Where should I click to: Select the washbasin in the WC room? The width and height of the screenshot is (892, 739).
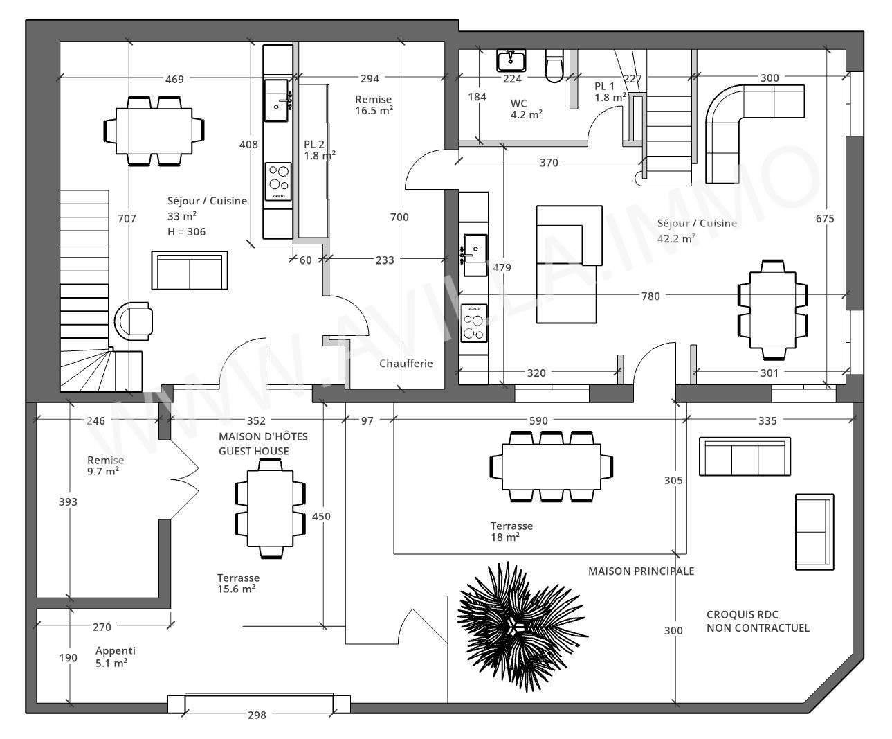511,60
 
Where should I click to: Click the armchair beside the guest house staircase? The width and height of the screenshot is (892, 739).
134,321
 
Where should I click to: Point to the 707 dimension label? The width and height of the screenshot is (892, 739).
127,219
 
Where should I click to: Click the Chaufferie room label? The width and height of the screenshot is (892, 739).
406,363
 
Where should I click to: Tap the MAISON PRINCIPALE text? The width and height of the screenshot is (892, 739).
641,571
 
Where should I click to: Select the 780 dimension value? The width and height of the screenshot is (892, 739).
650,296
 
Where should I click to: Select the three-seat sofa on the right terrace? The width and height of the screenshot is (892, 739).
745,456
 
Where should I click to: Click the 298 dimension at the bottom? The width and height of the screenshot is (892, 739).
257,715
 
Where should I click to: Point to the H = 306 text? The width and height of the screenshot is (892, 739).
186,232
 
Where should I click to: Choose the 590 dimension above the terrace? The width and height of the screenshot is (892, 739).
538,420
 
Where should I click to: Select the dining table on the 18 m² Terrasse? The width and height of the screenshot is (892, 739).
552,466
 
